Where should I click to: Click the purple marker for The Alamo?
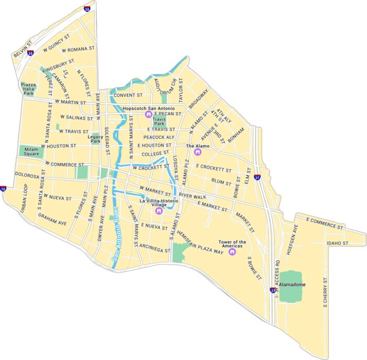click(x=198, y=152)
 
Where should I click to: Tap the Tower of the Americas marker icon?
click(x=232, y=252)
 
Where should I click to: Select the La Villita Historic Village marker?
click(x=158, y=211)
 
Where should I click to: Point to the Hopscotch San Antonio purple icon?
click(x=147, y=114)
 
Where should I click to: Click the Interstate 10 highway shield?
click(x=3, y=189)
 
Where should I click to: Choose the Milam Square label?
click(x=32, y=151)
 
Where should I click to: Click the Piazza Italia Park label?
click(x=28, y=88)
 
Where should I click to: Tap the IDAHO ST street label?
click(x=338, y=243)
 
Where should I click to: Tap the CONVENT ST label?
click(x=128, y=95)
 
